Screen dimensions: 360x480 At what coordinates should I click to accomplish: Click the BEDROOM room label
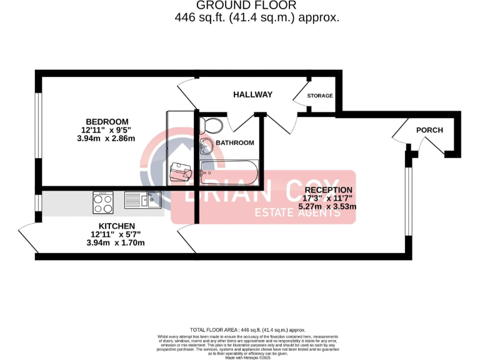click(x=107, y=121)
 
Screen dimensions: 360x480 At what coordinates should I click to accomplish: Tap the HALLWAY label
click(x=252, y=94)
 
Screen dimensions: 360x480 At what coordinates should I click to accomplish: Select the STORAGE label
click(x=319, y=96)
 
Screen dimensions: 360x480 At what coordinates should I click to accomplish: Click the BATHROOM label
click(x=235, y=142)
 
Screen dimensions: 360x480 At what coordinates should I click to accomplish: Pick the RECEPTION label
click(x=328, y=190)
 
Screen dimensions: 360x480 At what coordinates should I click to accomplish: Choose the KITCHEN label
click(x=117, y=226)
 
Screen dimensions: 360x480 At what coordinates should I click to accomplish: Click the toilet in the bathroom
click(x=212, y=125)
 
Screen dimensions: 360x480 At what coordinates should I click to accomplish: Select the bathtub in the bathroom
click(x=229, y=172)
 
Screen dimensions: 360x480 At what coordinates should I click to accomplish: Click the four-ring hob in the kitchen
click(x=103, y=201)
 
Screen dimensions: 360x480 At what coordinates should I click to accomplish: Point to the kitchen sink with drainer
click(x=143, y=200)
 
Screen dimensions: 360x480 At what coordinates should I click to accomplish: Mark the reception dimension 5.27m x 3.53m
click(x=328, y=207)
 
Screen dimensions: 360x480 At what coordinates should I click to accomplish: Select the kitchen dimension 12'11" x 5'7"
click(x=117, y=234)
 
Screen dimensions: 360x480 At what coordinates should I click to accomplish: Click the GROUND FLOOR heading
click(x=240, y=6)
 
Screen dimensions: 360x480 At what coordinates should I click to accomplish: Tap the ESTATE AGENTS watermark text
click(x=297, y=213)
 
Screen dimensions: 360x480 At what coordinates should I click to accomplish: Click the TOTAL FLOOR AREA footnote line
click(x=247, y=329)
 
